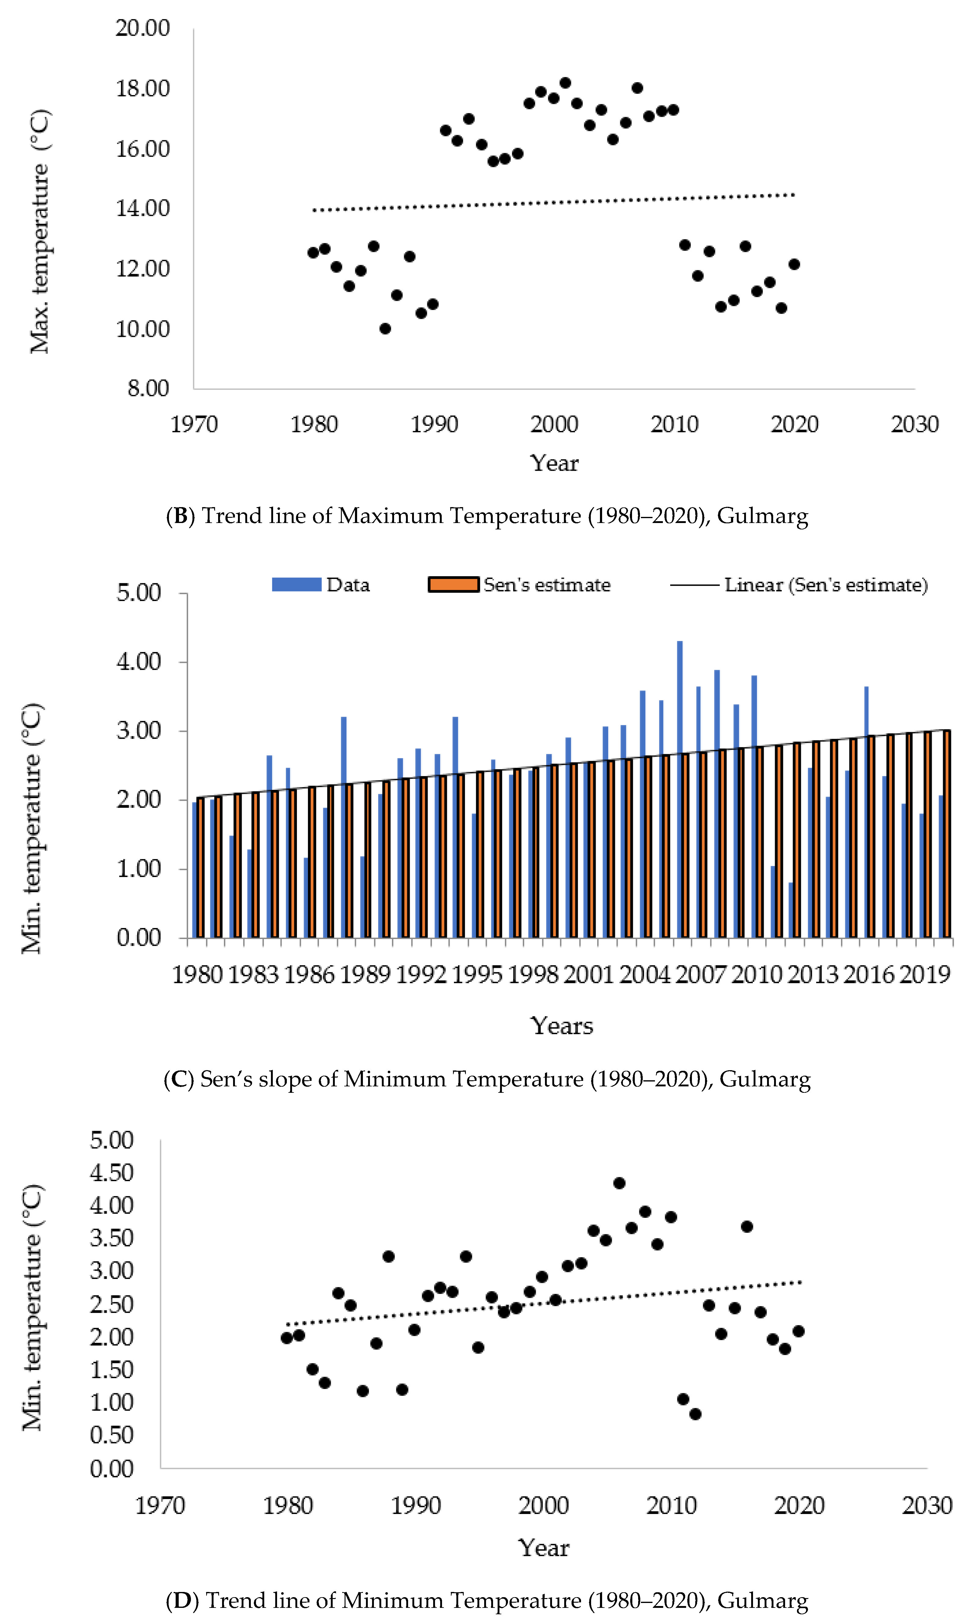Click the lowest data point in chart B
click(x=385, y=329)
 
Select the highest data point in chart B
click(x=565, y=83)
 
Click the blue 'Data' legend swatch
click(x=297, y=584)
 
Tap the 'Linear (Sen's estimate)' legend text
click(x=826, y=585)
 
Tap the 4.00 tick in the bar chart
click(x=138, y=661)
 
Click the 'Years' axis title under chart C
click(x=562, y=1026)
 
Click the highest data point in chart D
click(x=619, y=1183)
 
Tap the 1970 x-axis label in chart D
click(x=160, y=1505)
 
